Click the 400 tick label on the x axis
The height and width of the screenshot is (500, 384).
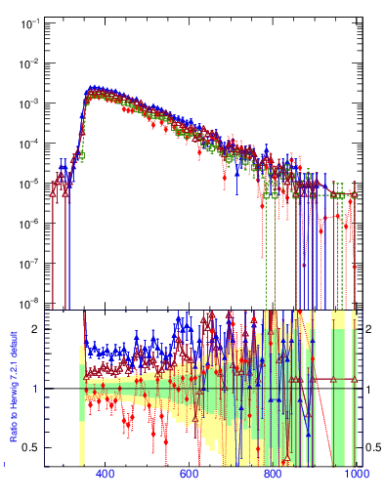(106, 475)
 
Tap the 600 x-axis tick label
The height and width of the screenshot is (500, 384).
(189, 475)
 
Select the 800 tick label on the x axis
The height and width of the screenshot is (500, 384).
(273, 475)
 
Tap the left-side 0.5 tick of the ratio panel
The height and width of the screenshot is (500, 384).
(31, 447)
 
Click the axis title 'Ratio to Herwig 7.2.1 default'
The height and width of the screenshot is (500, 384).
(15, 385)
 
